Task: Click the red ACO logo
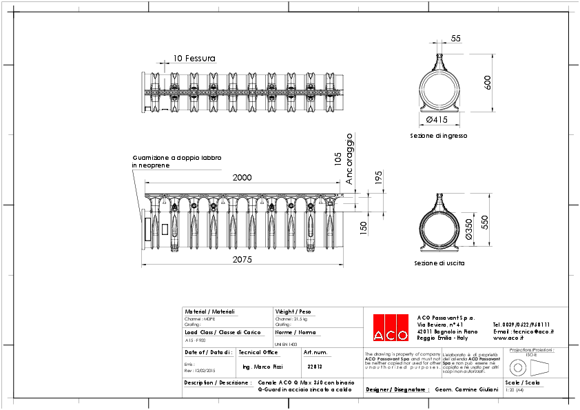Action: point(390,327)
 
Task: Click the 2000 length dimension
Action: point(242,178)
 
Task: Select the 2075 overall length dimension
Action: point(242,260)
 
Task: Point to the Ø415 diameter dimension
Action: point(437,120)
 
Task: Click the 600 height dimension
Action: point(488,82)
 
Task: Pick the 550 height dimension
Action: point(485,223)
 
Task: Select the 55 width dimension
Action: point(456,39)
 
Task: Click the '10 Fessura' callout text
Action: point(194,59)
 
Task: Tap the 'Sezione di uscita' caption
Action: point(439,263)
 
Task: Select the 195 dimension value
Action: point(378,178)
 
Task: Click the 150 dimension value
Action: point(363,225)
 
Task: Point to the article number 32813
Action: point(315,367)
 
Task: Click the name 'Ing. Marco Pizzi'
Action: point(264,367)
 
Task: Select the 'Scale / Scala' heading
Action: point(521,381)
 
